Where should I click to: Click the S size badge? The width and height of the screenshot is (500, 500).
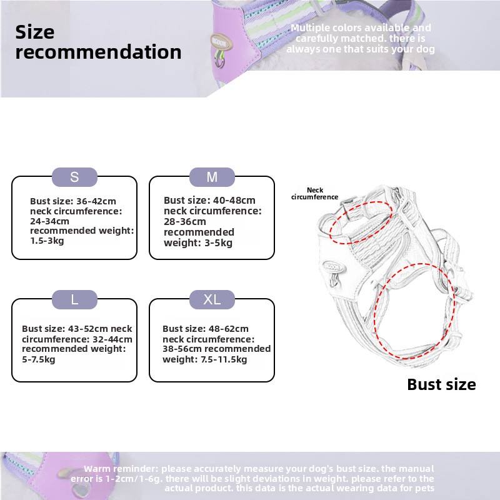[x=74, y=177]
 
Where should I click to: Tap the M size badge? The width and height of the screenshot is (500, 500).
[x=212, y=177]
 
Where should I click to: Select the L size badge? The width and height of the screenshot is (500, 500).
[x=74, y=299]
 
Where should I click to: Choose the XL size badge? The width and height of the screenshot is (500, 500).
[x=212, y=299]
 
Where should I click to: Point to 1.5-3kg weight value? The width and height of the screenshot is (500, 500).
[x=47, y=241]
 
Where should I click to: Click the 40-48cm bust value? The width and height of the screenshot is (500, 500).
[x=234, y=201]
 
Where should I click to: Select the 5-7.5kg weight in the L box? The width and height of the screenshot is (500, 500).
[x=39, y=359]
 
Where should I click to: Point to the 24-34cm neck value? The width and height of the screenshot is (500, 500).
[x=50, y=221]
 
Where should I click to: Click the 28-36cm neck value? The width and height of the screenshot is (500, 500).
[x=185, y=221]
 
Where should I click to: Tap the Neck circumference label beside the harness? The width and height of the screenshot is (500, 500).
[x=315, y=194]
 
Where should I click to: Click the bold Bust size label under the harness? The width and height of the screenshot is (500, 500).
[x=441, y=384]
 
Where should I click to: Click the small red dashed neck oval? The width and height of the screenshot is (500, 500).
[x=361, y=222]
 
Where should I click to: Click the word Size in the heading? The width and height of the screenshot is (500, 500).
[x=35, y=32]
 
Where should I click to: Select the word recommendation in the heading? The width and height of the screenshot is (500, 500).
[x=99, y=52]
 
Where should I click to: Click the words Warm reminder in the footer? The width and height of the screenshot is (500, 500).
[x=122, y=469]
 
